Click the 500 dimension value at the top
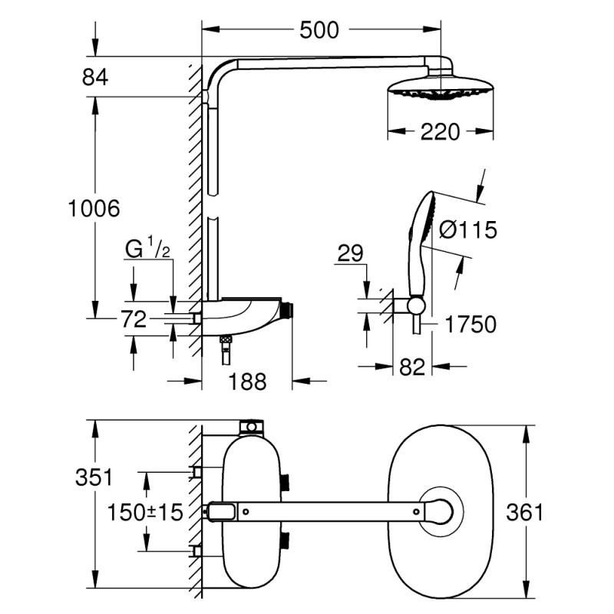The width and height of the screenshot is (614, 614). (319, 30)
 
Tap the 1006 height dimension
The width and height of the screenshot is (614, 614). (94, 208)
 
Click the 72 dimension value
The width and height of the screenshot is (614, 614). (134, 319)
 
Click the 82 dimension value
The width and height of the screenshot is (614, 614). (412, 368)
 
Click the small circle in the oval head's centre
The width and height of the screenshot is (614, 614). (441, 509)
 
